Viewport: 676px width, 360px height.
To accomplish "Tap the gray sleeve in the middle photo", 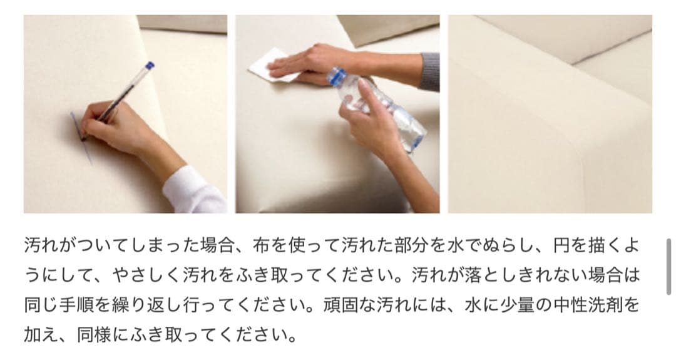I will point(429,71).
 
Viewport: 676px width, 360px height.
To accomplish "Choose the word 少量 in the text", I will point(520,306).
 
